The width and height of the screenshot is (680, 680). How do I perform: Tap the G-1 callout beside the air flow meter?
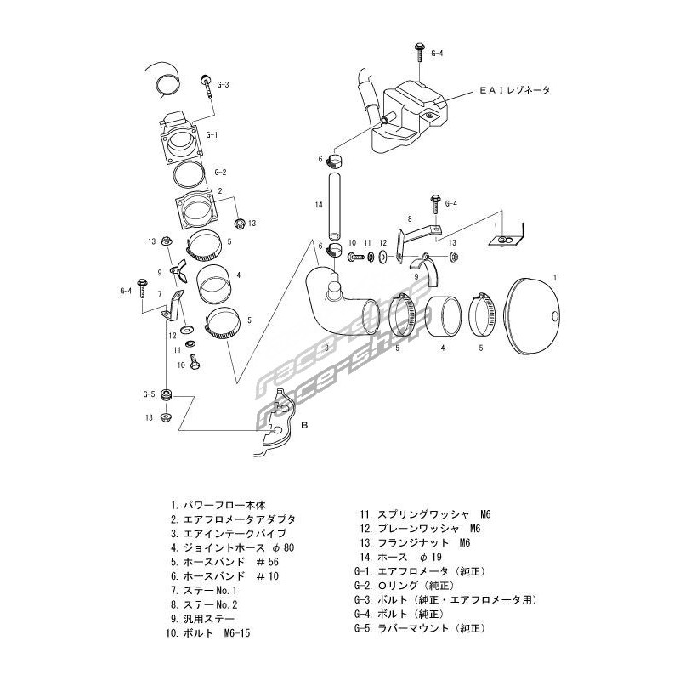click(x=212, y=135)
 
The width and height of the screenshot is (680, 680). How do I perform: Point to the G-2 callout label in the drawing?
click(x=220, y=173)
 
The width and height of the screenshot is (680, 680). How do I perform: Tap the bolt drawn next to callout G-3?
click(x=207, y=88)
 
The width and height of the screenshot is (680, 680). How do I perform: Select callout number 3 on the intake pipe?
click(x=326, y=348)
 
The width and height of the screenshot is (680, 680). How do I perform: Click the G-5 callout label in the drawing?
click(x=149, y=394)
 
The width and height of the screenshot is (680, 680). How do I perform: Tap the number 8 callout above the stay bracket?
click(x=409, y=219)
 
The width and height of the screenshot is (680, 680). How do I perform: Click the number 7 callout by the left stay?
click(x=159, y=293)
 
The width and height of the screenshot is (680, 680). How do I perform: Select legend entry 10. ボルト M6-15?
click(x=213, y=634)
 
